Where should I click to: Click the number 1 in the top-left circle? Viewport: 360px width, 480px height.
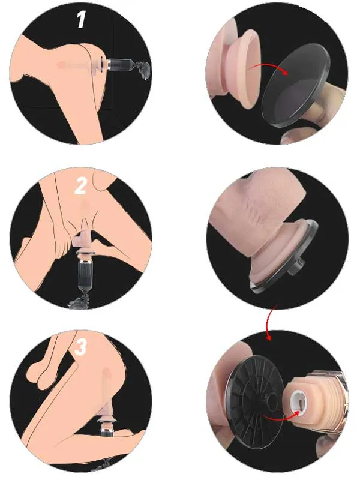coord(81,20)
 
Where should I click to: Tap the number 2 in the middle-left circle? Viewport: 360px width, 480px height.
coord(80,186)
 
